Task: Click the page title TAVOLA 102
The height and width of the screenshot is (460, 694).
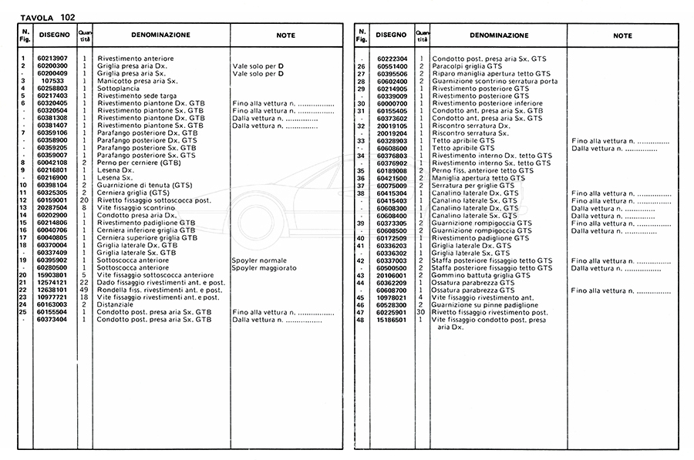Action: pyautogui.click(x=47, y=17)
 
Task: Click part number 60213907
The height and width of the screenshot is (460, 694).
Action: pyautogui.click(x=52, y=59)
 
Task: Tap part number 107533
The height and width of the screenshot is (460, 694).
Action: pyautogui.click(x=52, y=81)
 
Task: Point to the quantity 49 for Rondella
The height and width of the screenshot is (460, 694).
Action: pyautogui.click(x=85, y=290)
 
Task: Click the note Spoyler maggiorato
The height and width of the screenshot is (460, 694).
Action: pyautogui.click(x=264, y=267)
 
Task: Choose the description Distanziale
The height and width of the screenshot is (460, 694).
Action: pyautogui.click(x=116, y=304)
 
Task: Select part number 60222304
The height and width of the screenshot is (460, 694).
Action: pyautogui.click(x=392, y=59)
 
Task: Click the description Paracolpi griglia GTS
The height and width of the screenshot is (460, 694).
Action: pyautogui.click(x=467, y=66)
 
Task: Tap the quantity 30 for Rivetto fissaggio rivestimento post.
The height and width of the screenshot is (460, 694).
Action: pyautogui.click(x=422, y=312)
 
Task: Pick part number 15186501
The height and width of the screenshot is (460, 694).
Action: pyautogui.click(x=392, y=319)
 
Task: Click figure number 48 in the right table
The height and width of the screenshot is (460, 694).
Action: pyautogui.click(x=360, y=319)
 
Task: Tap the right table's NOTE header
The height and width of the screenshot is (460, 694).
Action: pyautogui.click(x=622, y=35)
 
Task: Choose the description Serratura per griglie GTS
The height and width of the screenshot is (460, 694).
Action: pyautogui.click(x=473, y=186)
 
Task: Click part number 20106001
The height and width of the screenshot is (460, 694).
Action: pyautogui.click(x=392, y=275)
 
